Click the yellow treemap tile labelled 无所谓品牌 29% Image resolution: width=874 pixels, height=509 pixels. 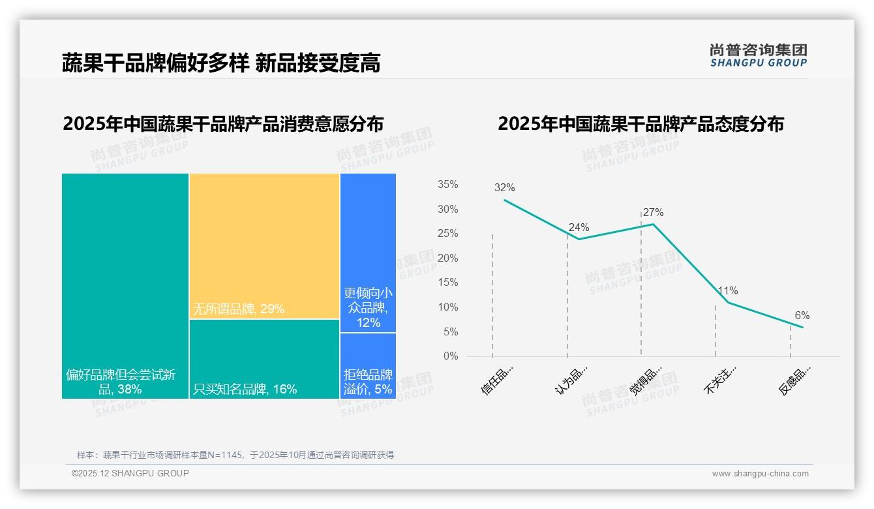point(264,246)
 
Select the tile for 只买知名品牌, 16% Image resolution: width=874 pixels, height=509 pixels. point(264,359)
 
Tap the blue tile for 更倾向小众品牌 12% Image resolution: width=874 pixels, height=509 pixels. point(368,253)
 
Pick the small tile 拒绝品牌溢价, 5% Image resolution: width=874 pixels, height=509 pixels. point(368,366)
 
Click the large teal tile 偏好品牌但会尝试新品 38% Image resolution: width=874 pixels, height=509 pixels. point(125,285)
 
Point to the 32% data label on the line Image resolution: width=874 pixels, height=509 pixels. point(504,188)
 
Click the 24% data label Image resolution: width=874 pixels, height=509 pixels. point(579,228)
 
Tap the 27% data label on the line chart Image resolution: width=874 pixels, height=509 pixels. point(653,213)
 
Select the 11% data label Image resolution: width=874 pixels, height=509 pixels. point(728,291)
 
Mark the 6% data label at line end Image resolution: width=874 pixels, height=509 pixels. point(802,316)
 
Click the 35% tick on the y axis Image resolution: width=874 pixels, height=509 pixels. point(447,185)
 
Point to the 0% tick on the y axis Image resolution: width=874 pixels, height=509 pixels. point(451,356)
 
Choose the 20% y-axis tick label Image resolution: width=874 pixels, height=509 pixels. point(447,258)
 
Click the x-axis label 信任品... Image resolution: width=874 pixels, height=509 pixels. point(497,380)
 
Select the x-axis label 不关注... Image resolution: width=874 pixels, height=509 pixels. point(720,380)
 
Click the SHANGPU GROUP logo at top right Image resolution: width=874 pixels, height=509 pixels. point(758,55)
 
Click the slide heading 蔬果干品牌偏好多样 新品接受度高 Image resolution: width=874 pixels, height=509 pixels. point(221,63)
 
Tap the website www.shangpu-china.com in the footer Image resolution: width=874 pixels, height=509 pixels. point(760,474)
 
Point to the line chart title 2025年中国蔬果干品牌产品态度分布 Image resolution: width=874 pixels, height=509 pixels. point(640,124)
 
